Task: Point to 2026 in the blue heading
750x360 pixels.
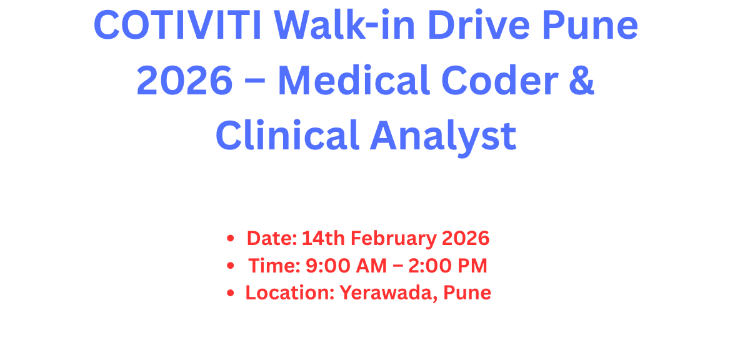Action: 184,81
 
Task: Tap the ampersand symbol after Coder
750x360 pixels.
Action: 582,81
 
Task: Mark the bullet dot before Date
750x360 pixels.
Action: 231,239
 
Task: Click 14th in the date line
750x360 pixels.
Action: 323,238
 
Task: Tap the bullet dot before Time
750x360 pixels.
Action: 231,266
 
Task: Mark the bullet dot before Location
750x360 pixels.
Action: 231,293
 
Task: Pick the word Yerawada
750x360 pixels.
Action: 388,292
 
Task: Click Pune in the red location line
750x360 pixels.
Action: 467,292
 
